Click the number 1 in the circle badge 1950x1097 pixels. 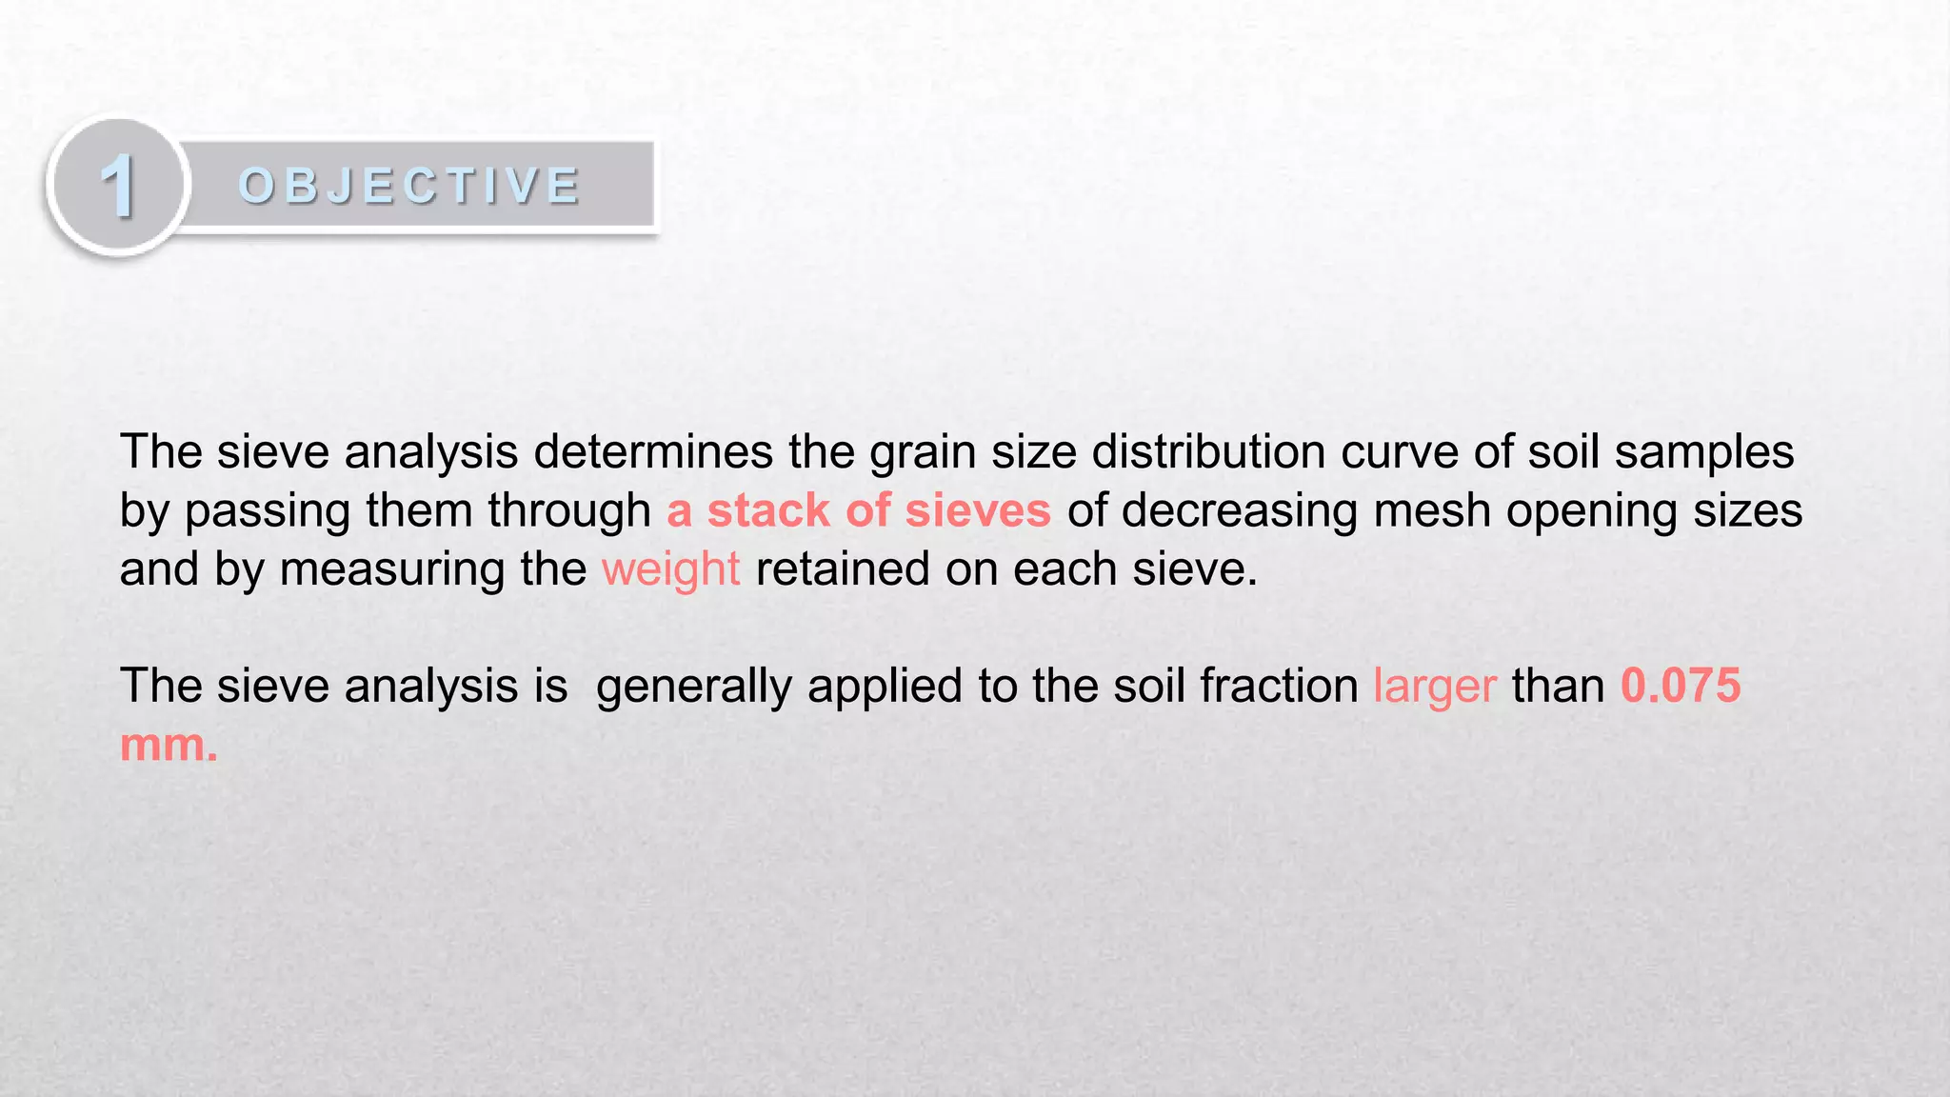point(118,186)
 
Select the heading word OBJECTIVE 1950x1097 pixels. point(409,186)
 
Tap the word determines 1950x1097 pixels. point(653,451)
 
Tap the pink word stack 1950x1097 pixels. point(767,510)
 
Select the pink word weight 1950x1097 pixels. point(670,570)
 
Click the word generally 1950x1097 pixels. point(693,688)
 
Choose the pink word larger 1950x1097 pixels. point(1434,688)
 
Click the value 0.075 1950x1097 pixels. point(1681,686)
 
